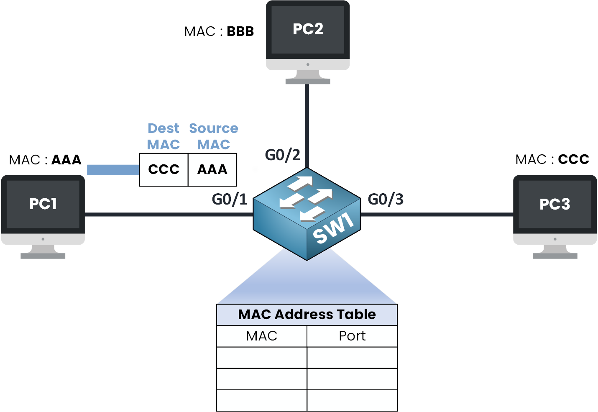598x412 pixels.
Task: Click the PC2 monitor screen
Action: [308, 30]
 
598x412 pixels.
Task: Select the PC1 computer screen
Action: [43, 204]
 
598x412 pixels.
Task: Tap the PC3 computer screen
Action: [555, 204]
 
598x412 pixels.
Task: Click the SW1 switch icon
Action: [307, 214]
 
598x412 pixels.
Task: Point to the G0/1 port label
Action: [230, 199]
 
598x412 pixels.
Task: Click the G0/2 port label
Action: [283, 155]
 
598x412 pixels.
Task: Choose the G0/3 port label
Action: [386, 199]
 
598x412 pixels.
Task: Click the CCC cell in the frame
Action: [164, 169]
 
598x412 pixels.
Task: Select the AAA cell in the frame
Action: [212, 169]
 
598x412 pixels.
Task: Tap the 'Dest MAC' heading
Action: [164, 136]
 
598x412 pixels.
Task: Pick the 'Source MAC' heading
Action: [214, 136]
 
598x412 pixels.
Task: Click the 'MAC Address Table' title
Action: [307, 315]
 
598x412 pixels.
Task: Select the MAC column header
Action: [262, 336]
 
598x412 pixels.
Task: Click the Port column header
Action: [352, 336]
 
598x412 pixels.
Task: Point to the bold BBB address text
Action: [240, 31]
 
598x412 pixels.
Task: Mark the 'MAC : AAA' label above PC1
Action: [45, 160]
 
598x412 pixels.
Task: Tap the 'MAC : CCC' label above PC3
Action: [552, 159]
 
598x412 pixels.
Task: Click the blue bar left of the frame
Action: [113, 169]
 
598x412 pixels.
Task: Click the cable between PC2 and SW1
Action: [307, 125]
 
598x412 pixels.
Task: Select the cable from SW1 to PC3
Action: [437, 215]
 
